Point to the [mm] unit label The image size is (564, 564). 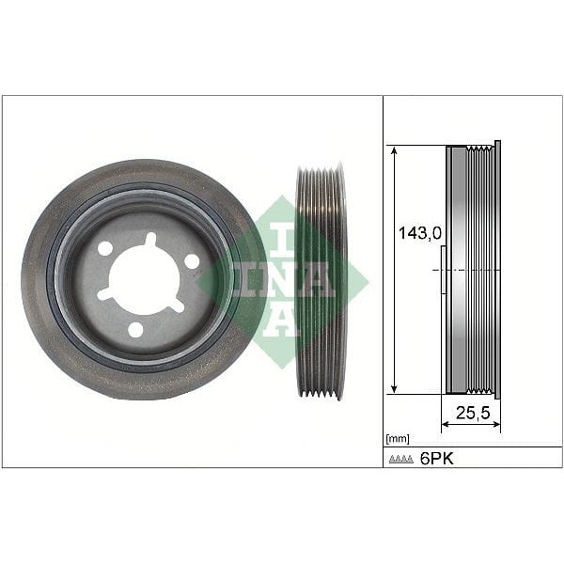397,439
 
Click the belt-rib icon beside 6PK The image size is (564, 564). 401,459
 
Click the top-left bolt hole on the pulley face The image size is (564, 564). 106,248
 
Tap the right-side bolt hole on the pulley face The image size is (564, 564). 192,261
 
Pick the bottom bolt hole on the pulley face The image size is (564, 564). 135,329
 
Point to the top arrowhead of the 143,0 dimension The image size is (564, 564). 395,149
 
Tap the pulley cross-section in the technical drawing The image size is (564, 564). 472,269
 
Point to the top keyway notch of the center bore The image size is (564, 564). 149,241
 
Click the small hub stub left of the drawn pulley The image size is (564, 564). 441,270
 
